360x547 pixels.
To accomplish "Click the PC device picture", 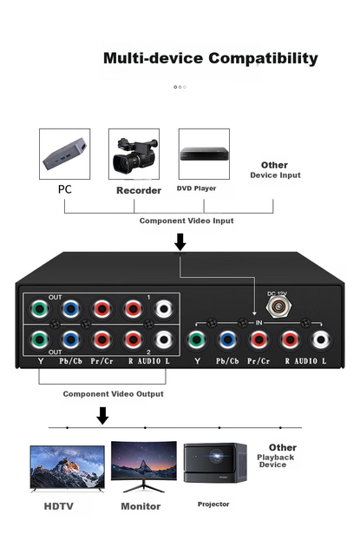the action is click(x=65, y=154).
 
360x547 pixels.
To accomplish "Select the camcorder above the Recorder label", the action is click(x=134, y=155).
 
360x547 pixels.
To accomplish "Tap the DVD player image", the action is click(x=204, y=154).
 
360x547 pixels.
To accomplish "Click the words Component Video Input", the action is click(x=187, y=221).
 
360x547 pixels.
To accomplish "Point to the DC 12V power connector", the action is click(x=278, y=306).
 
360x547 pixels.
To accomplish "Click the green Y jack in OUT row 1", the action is click(x=39, y=309).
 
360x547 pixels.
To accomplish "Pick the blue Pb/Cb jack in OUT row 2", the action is click(x=70, y=339).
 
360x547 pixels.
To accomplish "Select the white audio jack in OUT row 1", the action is click(x=164, y=309).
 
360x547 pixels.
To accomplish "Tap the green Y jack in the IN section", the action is click(x=196, y=339).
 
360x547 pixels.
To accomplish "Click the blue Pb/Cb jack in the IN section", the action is click(x=227, y=339).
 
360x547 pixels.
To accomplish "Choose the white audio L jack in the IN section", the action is click(x=321, y=339).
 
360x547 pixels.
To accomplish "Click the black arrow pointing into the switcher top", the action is click(x=180, y=242).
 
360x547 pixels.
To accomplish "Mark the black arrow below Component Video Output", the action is click(x=102, y=416).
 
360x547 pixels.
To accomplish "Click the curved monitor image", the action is click(x=144, y=466).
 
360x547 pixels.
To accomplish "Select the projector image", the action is click(x=215, y=463).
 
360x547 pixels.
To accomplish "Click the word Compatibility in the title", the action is click(x=263, y=59).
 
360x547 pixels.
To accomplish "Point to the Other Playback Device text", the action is click(x=277, y=456).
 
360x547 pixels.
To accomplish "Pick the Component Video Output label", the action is click(x=114, y=394).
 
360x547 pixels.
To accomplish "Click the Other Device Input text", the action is click(x=275, y=170).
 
